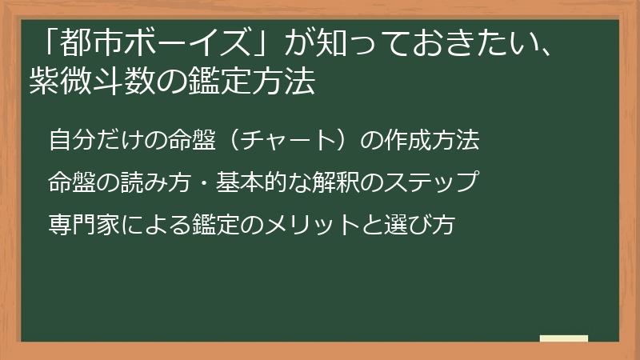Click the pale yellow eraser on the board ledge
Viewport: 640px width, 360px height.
pos(563,338)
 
